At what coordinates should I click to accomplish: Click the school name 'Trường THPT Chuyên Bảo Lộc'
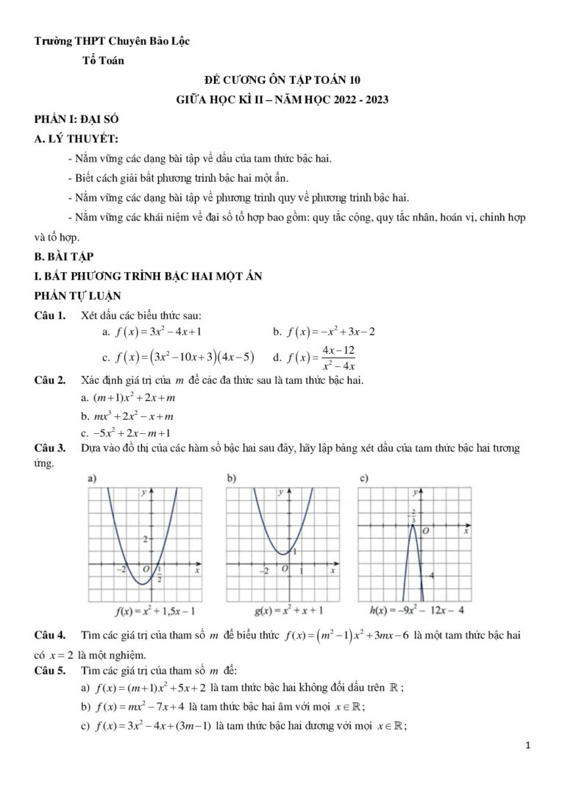click(x=112, y=41)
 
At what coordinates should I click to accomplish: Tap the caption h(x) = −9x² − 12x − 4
click(x=414, y=610)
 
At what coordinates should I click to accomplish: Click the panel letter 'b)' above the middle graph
click(x=230, y=478)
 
